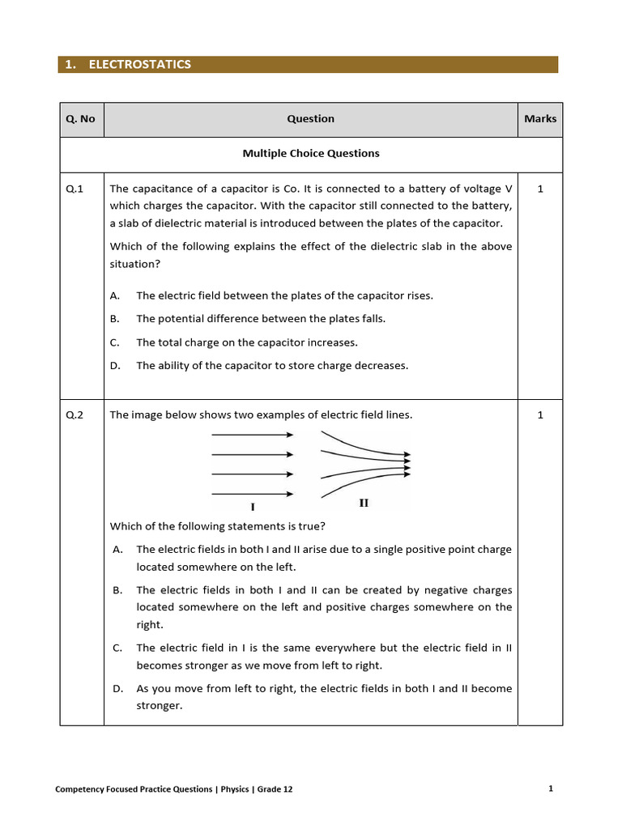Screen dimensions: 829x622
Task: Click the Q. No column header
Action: (80, 119)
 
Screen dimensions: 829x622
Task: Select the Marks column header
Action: (540, 119)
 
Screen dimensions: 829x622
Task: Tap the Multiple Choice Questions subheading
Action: (311, 153)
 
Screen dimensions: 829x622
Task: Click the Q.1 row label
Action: (75, 188)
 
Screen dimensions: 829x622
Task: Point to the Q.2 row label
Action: (75, 415)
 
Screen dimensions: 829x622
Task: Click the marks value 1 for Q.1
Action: (540, 188)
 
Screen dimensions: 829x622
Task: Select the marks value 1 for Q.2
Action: (540, 415)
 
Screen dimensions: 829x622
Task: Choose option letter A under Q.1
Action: (115, 295)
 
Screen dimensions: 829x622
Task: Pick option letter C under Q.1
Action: (115, 342)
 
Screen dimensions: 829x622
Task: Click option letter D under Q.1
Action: (115, 366)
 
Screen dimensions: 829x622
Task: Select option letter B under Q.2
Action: (117, 590)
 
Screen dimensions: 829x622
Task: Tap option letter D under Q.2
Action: (117, 689)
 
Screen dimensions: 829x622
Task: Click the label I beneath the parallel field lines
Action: (253, 507)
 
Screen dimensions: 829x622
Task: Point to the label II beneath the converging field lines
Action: (364, 503)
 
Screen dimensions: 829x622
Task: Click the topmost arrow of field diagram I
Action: (252, 435)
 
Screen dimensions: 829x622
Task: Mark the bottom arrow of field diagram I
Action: (252, 494)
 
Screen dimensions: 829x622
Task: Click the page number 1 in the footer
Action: (551, 789)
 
